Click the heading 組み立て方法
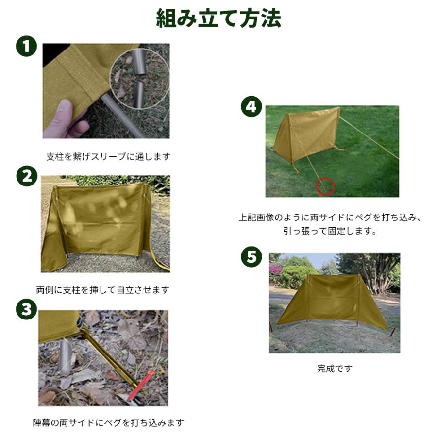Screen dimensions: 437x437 [218, 18]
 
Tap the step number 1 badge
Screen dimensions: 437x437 [27, 46]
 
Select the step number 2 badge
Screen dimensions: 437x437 [27, 176]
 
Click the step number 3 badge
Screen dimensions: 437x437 [27, 309]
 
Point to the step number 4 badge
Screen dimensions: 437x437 [252, 106]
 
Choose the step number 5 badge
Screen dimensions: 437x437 [252, 256]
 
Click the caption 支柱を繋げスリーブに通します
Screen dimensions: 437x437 [108, 157]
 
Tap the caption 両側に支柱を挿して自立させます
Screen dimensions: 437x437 [103, 290]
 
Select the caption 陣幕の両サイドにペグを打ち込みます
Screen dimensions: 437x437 [108, 422]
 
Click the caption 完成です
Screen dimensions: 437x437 [335, 369]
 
